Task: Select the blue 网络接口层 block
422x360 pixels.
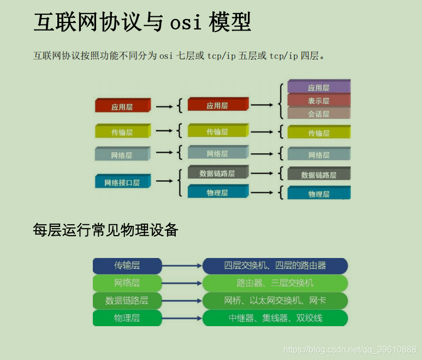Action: pyautogui.click(x=122, y=182)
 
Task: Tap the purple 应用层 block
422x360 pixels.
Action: pyautogui.click(x=318, y=87)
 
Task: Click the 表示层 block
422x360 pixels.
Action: pyautogui.click(x=318, y=101)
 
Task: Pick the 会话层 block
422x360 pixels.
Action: pyautogui.click(x=318, y=114)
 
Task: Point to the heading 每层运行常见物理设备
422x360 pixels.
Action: pyautogui.click(x=105, y=230)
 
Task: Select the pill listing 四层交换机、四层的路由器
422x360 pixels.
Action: pyautogui.click(x=275, y=266)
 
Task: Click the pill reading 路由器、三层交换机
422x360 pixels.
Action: pyautogui.click(x=275, y=283)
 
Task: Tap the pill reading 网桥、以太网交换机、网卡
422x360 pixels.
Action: pyautogui.click(x=275, y=301)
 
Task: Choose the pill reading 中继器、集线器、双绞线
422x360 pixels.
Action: pyautogui.click(x=275, y=318)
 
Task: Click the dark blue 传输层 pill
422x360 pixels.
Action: pyautogui.click(x=127, y=266)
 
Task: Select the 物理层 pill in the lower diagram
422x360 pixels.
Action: pyautogui.click(x=127, y=318)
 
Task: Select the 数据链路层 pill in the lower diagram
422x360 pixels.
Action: pyautogui.click(x=127, y=301)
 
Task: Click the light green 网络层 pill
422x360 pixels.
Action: pyautogui.click(x=127, y=283)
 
